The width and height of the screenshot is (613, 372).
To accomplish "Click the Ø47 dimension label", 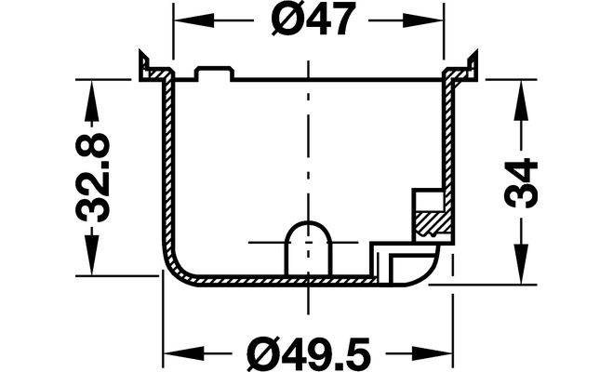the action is pos(313,19).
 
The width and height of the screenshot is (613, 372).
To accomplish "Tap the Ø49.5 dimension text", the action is pos(309,353).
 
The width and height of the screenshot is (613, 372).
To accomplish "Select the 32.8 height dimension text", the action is pos(93,178).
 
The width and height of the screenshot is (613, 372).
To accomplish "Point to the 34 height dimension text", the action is pos(521,183).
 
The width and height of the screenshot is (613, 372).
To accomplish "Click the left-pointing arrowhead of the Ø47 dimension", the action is pos(193,20).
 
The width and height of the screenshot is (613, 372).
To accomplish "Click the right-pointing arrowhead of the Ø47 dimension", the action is pos(423,20).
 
